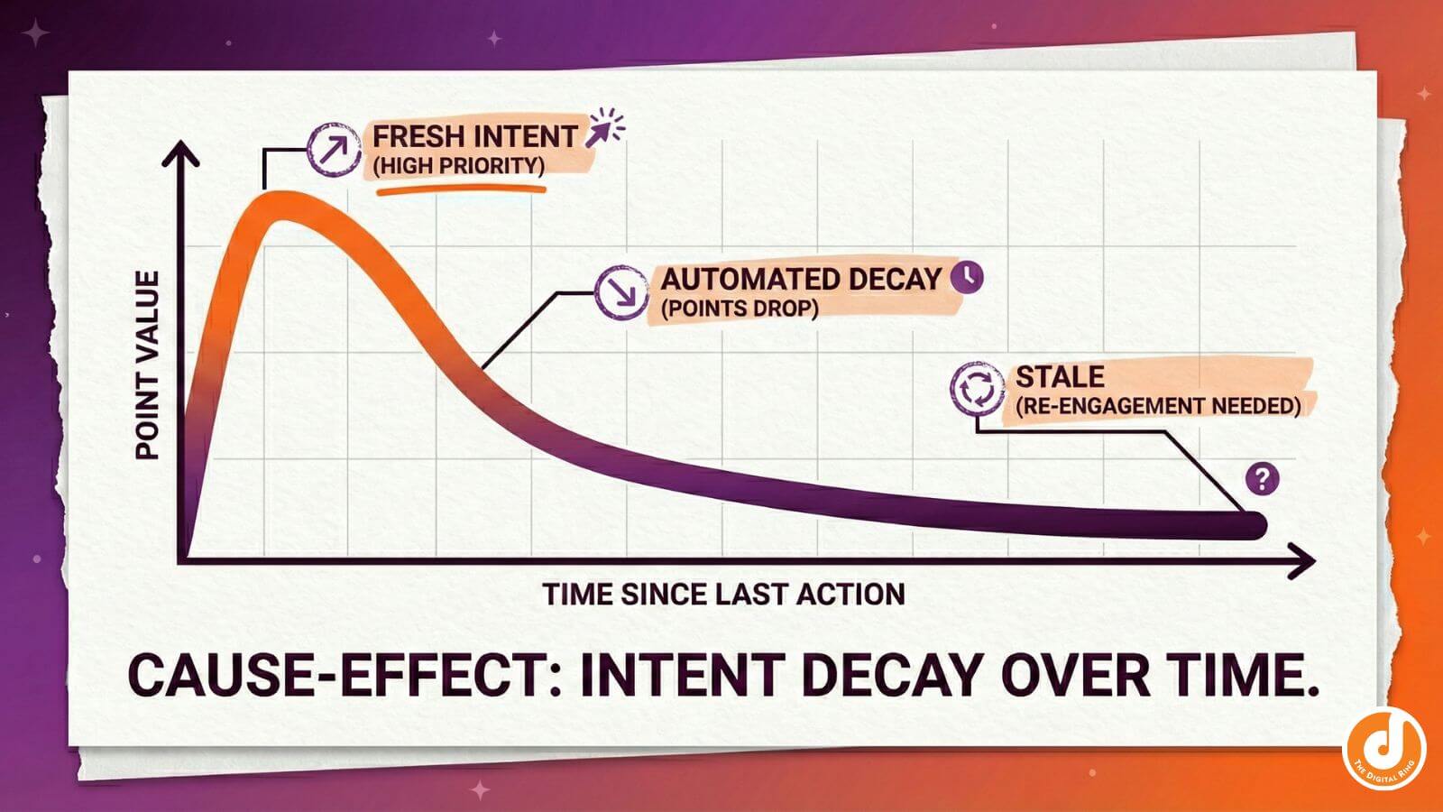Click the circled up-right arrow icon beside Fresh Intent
[x=335, y=148]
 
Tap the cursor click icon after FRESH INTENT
[x=602, y=129]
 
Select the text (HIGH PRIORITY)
[x=459, y=166]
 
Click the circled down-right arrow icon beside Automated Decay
[x=621, y=291]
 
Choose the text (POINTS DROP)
[x=740, y=309]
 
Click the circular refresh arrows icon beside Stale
[x=977, y=389]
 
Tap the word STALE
[x=1060, y=376]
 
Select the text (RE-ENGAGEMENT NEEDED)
[x=1158, y=406]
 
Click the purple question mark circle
[x=1262, y=478]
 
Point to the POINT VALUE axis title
[x=147, y=364]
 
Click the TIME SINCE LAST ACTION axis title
[x=723, y=595]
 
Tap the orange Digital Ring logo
[x=1384, y=745]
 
